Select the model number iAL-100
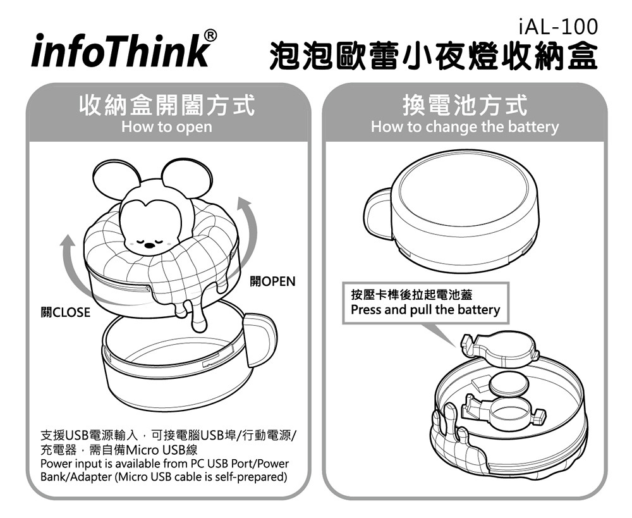558,27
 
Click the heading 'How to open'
166,126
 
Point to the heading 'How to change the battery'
465,126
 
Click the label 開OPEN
272,281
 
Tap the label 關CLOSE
65,312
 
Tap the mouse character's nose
149,245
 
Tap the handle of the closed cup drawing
377,214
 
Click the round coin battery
509,385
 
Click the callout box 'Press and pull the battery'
425,302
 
